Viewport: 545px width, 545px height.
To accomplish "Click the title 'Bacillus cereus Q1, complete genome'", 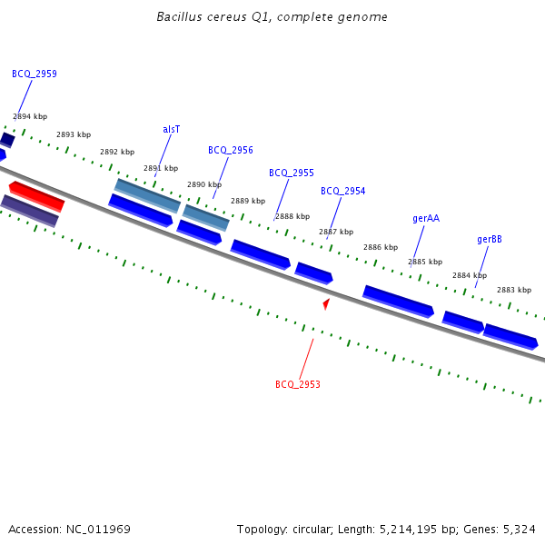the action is pyautogui.click(x=272, y=17).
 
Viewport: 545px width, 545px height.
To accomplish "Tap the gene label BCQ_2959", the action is pyautogui.click(x=35, y=74).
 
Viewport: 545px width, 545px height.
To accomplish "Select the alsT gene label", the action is pyautogui.click(x=172, y=130).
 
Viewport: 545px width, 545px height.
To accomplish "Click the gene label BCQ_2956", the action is pyautogui.click(x=231, y=151).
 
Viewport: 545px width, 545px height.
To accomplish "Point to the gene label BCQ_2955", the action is pyautogui.click(x=292, y=173).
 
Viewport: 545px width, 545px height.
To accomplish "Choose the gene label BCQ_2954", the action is pyautogui.click(x=343, y=192).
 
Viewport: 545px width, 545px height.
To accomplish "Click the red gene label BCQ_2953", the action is pyautogui.click(x=298, y=385).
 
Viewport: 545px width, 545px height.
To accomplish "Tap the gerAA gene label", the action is pyautogui.click(x=426, y=219).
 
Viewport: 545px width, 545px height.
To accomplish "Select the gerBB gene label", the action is pyautogui.click(x=490, y=240).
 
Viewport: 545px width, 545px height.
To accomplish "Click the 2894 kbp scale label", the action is pyautogui.click(x=30, y=116).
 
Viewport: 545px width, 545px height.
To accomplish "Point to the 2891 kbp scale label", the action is pyautogui.click(x=161, y=168).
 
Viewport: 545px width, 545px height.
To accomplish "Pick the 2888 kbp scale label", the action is pyautogui.click(x=292, y=216).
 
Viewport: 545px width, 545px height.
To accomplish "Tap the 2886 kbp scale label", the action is pyautogui.click(x=381, y=247).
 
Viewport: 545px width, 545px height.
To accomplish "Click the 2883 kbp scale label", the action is pyautogui.click(x=514, y=290).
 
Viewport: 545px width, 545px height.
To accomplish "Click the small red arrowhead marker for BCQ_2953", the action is pyautogui.click(x=326, y=303).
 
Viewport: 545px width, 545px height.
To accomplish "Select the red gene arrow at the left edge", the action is pyautogui.click(x=36, y=194).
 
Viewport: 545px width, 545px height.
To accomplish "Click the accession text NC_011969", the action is pyautogui.click(x=96, y=529).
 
